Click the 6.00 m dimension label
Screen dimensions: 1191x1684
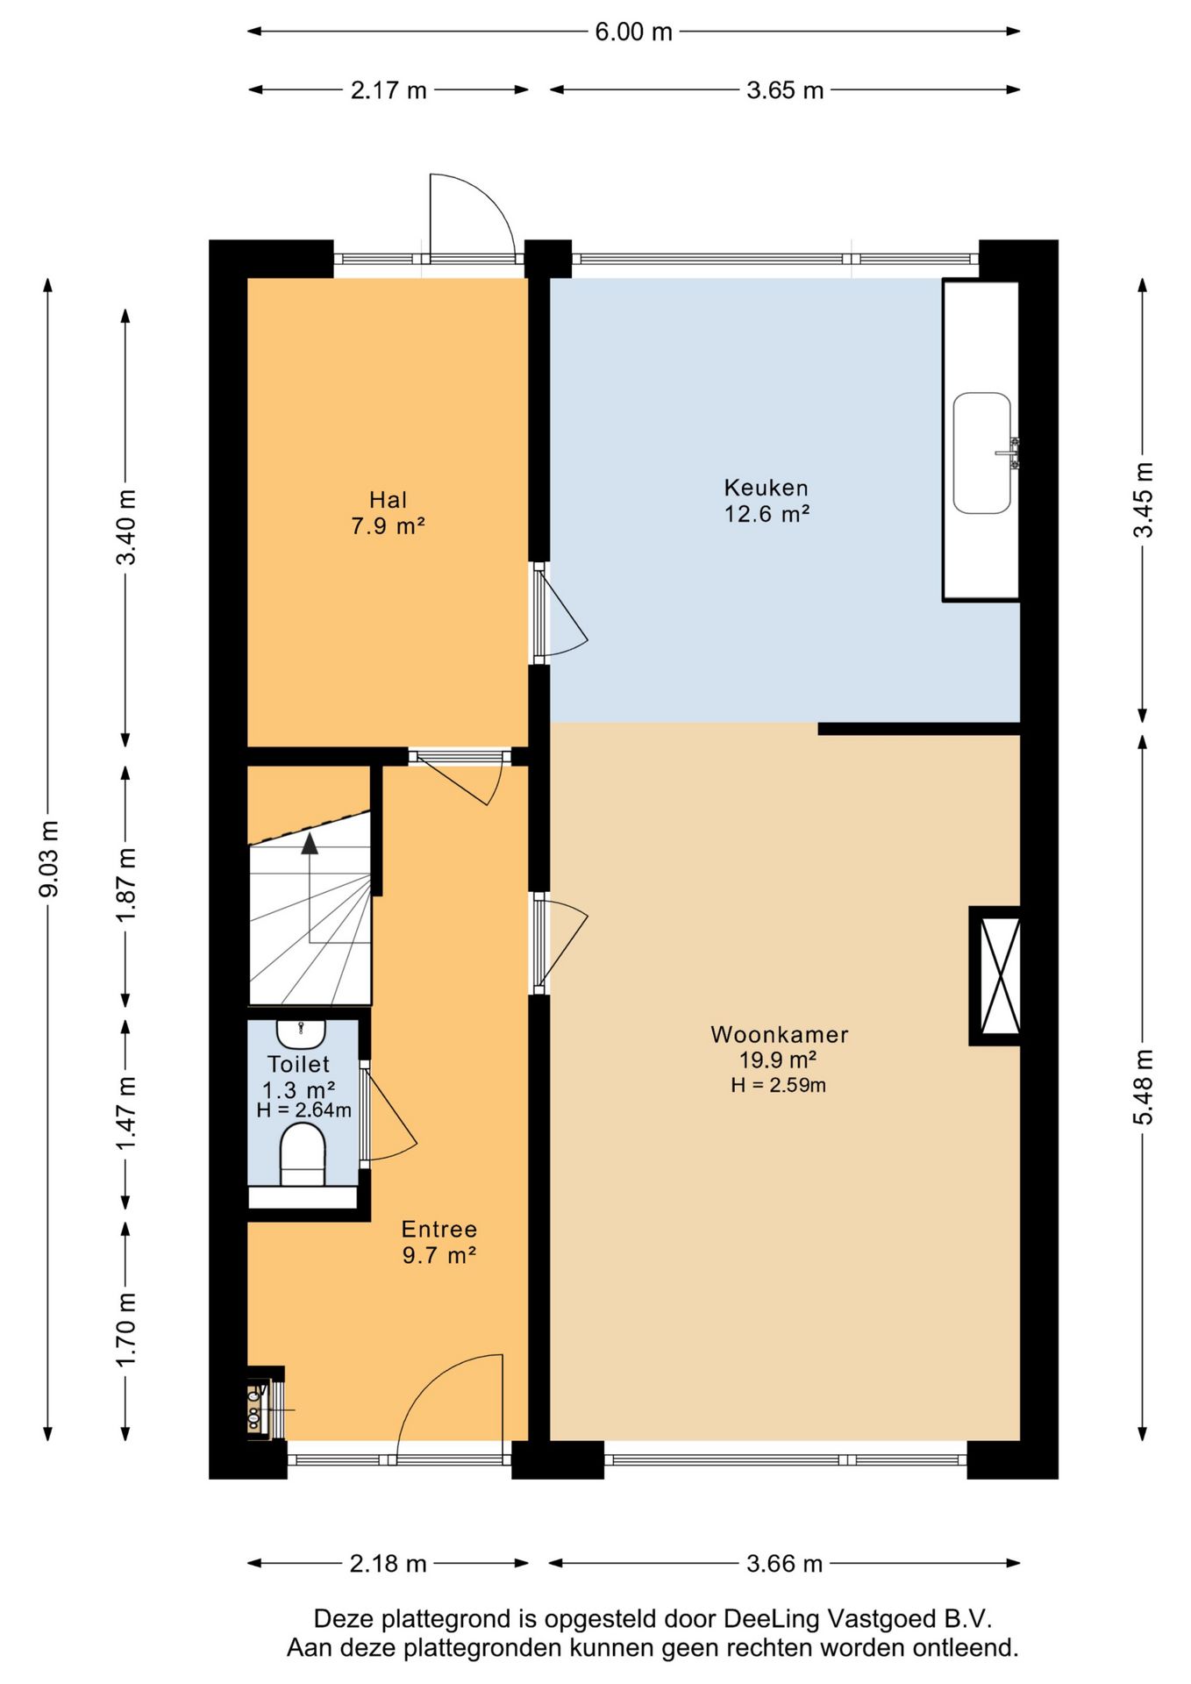pyautogui.click(x=633, y=32)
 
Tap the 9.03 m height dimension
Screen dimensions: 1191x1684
pyautogui.click(x=49, y=859)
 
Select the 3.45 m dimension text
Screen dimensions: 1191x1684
pyautogui.click(x=1143, y=500)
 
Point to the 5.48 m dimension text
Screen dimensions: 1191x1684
pyautogui.click(x=1143, y=1087)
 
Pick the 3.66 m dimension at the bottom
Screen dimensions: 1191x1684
pyautogui.click(x=784, y=1563)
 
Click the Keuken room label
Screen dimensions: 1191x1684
pyautogui.click(x=766, y=488)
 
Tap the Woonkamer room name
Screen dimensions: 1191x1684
pyautogui.click(x=779, y=1035)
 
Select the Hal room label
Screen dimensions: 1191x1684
pyautogui.click(x=388, y=500)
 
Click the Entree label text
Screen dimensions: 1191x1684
pyautogui.click(x=439, y=1229)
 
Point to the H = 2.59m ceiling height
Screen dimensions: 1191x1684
pyautogui.click(x=778, y=1085)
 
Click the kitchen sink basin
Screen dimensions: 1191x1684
pyautogui.click(x=982, y=453)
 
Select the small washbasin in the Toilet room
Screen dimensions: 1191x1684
pyautogui.click(x=301, y=1033)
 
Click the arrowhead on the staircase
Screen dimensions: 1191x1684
pyautogui.click(x=310, y=844)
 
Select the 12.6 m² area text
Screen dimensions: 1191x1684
pyautogui.click(x=766, y=514)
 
